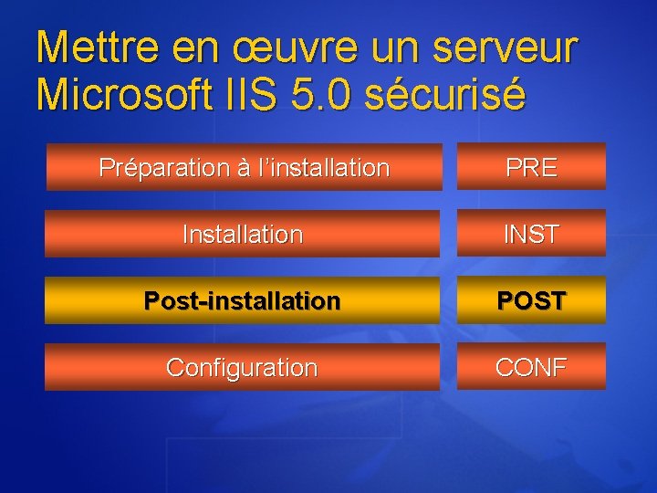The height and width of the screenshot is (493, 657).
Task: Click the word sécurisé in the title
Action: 444,94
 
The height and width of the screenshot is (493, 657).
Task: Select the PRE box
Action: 531,168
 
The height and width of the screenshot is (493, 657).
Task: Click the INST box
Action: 531,235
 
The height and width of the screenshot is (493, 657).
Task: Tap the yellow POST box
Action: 531,300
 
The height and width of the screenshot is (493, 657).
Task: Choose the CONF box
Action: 531,367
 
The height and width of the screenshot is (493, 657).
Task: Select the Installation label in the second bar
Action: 243,235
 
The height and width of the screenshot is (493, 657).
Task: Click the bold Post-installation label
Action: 243,300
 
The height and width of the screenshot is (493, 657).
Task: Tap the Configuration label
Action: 243,368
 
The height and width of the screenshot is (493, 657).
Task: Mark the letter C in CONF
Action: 505,367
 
